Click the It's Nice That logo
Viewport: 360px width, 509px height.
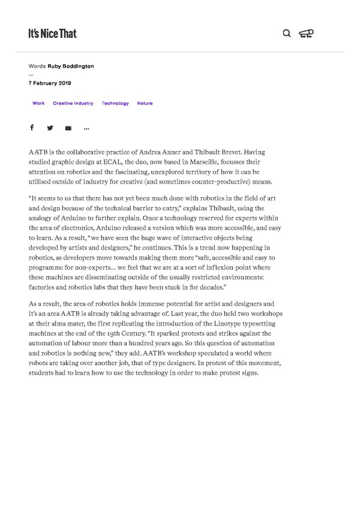point(52,34)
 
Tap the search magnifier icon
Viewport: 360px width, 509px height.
point(286,33)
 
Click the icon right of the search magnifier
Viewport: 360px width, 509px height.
point(306,34)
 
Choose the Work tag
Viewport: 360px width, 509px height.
point(38,103)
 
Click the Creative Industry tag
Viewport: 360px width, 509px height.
point(73,103)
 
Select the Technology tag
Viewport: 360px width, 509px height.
point(115,103)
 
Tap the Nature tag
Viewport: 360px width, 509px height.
point(145,103)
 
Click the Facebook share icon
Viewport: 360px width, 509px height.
point(32,128)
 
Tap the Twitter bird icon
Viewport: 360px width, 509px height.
point(50,128)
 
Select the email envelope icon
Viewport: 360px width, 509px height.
point(68,128)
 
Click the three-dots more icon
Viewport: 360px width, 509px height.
point(86,128)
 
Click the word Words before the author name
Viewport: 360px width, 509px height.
point(37,66)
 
